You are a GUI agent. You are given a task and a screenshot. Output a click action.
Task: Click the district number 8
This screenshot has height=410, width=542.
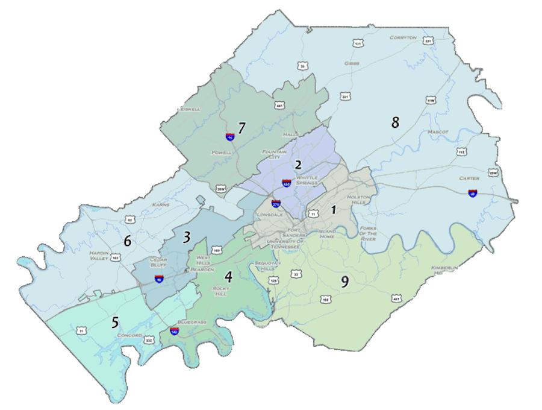pyautogui.click(x=395, y=122)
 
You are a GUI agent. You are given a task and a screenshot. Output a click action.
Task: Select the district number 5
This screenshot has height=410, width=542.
pyautogui.click(x=114, y=322)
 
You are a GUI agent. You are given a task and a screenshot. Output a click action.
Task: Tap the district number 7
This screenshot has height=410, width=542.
pyautogui.click(x=241, y=128)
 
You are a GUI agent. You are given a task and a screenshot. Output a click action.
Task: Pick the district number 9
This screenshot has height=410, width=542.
pyautogui.click(x=344, y=282)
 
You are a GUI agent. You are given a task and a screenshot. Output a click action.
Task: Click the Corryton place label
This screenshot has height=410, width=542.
pyautogui.click(x=403, y=37)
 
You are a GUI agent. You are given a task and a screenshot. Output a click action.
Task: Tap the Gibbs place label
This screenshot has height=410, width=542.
pyautogui.click(x=352, y=63)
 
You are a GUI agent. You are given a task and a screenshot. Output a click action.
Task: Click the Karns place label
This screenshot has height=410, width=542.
pyautogui.click(x=160, y=205)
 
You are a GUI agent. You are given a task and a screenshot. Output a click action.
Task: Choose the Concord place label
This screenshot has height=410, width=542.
pyautogui.click(x=129, y=335)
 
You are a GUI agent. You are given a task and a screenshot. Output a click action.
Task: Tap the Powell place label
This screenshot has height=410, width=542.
pyautogui.click(x=222, y=153)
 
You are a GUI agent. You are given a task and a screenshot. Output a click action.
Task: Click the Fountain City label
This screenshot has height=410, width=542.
pyautogui.click(x=275, y=154)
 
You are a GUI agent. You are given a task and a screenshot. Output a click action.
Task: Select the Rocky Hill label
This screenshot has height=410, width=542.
pyautogui.click(x=222, y=291)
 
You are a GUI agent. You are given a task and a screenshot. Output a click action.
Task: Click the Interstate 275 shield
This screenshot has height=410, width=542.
pyautogui.click(x=276, y=204)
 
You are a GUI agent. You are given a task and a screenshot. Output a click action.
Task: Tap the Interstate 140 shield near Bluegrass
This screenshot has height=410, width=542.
pyautogui.click(x=174, y=332)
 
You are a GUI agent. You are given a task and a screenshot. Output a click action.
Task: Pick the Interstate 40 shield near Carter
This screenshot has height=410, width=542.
pyautogui.click(x=473, y=193)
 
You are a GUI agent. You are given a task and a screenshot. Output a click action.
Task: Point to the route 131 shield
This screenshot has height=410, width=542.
pyautogui.click(x=358, y=44)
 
